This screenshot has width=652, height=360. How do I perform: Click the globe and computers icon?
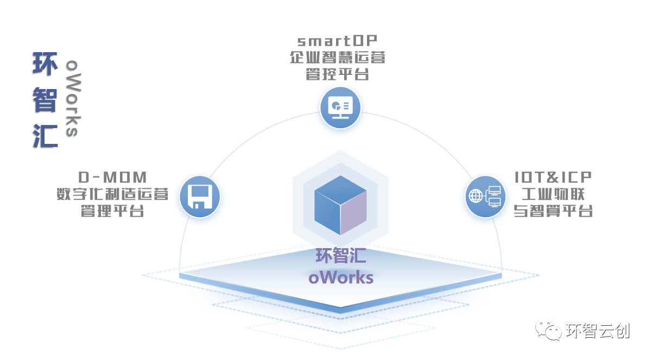[x=485, y=197]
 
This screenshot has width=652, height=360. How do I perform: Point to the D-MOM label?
[x=112, y=178]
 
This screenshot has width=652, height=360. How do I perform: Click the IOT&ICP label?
[x=553, y=178]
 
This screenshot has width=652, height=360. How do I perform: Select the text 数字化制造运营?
[x=112, y=194]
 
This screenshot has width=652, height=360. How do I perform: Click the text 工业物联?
[x=553, y=194]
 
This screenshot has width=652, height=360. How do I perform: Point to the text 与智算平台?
[x=553, y=211]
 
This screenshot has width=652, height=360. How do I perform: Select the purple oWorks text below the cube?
[x=340, y=277]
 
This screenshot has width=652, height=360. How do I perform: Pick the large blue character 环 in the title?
[x=45, y=64]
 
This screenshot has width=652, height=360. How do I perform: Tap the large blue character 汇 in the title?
[x=45, y=135]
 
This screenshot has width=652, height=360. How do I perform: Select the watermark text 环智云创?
[x=598, y=330]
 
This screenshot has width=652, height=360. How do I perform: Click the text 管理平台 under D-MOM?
[x=112, y=211]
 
